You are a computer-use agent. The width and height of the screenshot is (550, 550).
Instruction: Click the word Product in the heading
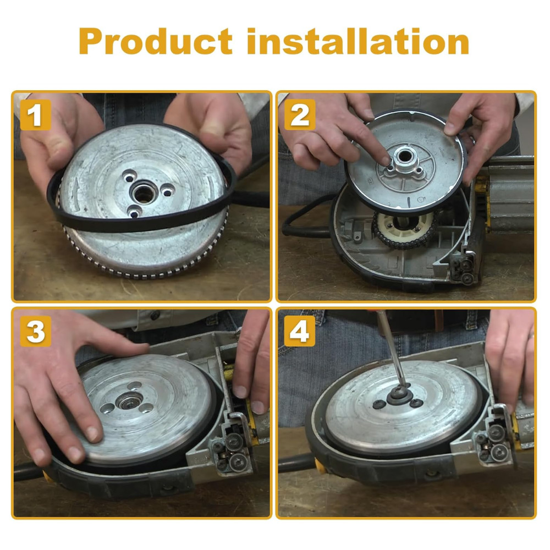(x=156, y=41)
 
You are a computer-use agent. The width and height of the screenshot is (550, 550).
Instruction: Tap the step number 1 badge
(x=35, y=115)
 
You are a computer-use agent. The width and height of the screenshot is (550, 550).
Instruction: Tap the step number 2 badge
(x=300, y=115)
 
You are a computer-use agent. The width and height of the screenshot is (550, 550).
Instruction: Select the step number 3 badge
(x=35, y=331)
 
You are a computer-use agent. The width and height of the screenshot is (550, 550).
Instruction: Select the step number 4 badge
(x=300, y=331)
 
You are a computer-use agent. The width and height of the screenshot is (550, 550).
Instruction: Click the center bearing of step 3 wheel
(x=129, y=400)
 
